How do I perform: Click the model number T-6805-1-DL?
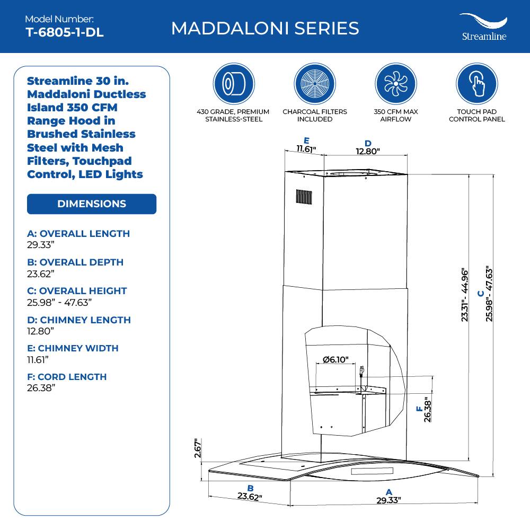(x=64, y=32)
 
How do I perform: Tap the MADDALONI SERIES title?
(x=265, y=28)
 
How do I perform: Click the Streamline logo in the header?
(x=483, y=27)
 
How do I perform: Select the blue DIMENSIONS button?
(x=92, y=204)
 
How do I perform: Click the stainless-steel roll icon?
(x=234, y=84)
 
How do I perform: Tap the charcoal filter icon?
(x=315, y=84)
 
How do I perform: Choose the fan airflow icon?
(x=395, y=84)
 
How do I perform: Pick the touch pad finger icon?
(x=476, y=84)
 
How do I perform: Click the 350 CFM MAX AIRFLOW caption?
(x=395, y=116)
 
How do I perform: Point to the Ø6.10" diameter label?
(x=335, y=360)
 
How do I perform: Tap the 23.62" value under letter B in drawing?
(x=250, y=497)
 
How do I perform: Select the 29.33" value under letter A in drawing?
(x=388, y=500)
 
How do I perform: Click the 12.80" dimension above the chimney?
(x=368, y=151)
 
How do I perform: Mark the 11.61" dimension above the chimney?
(x=306, y=149)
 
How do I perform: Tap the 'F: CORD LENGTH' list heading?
(x=67, y=377)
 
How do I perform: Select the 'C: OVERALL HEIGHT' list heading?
(x=77, y=291)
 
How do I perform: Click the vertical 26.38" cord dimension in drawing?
(x=428, y=409)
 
